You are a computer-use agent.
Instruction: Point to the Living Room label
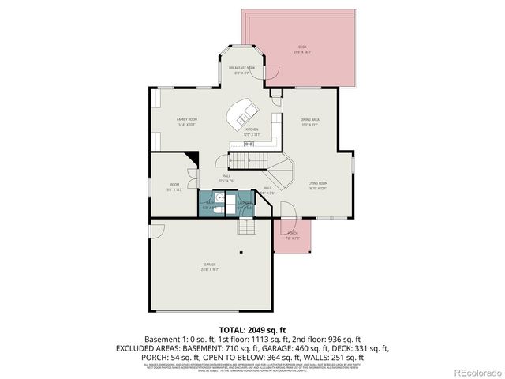tap(318, 186)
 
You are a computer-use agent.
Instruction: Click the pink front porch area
tap(293, 237)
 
